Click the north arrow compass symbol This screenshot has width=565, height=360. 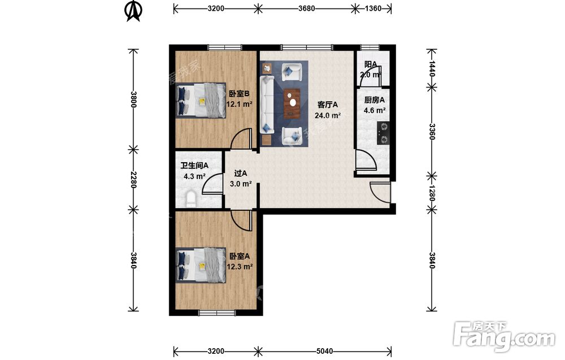click(133, 11)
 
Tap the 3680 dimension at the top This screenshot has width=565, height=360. click(307, 8)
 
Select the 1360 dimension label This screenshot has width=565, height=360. click(372, 8)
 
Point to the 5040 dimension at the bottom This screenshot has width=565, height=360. click(324, 351)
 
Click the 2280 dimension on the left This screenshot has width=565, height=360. click(133, 179)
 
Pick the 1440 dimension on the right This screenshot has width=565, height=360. click(432, 68)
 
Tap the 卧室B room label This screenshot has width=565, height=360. click(239, 94)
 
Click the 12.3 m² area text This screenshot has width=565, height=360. click(239, 267)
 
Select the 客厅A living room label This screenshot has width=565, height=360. click(328, 105)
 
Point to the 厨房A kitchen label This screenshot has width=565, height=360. click(375, 100)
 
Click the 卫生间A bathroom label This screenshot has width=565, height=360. click(194, 166)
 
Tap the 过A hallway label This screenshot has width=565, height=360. click(241, 174)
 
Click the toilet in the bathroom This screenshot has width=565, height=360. click(192, 199)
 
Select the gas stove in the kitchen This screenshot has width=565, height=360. click(384, 133)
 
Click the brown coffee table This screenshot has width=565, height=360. click(292, 103)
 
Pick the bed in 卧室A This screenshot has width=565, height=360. click(201, 265)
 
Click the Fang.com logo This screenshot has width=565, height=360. click(505, 336)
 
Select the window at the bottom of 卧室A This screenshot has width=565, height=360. click(218, 313)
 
